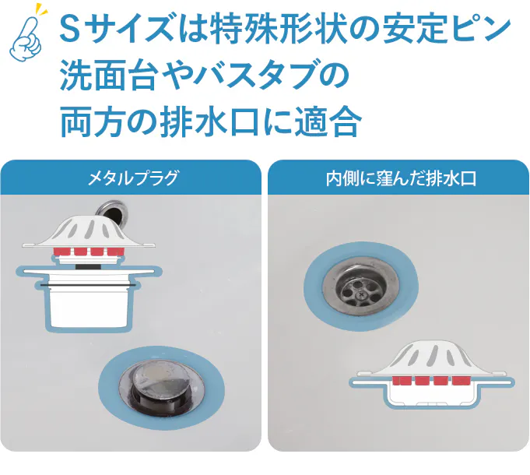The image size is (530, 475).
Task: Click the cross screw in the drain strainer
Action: pyautogui.click(x=362, y=294)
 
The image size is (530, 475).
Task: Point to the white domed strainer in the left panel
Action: pyautogui.click(x=89, y=232)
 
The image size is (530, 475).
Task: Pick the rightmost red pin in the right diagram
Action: pyautogui.click(x=461, y=381)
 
